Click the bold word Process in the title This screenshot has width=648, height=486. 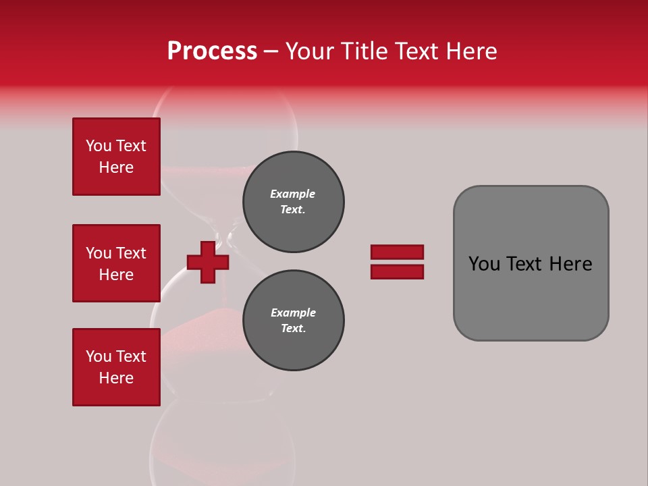coord(212,51)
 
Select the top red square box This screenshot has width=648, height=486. coord(116,157)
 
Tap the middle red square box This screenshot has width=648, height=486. coord(116,263)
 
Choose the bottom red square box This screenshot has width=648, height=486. coord(116,367)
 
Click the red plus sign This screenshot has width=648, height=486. coord(208,262)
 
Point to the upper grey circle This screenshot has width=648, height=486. coord(293,202)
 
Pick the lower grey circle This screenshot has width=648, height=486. coord(293,321)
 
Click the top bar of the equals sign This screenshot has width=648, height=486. coord(397,252)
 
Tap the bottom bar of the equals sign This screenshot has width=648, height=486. coord(397,272)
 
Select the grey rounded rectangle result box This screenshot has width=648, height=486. coord(531,263)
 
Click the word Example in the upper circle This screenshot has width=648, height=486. coord(293,194)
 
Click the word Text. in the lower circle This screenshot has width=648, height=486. coord(293,329)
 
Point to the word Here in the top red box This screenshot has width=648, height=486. coord(116,167)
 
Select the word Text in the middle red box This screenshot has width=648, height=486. coord(131,253)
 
